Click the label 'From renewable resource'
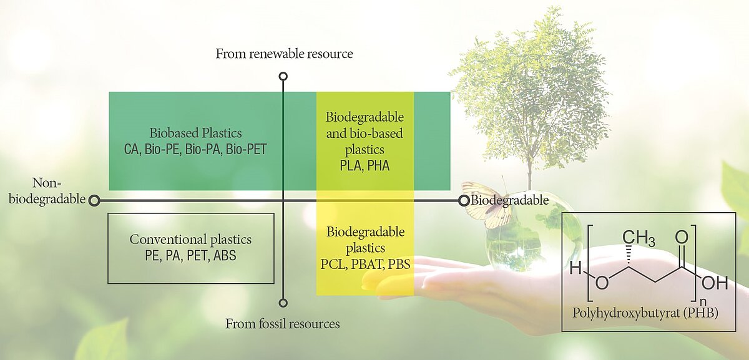click(x=284, y=54)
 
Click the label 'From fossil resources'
click(x=283, y=324)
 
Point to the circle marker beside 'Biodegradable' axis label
click(x=464, y=200)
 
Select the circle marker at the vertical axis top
click(x=283, y=76)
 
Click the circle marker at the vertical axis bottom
click(x=283, y=303)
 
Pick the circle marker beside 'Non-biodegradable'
click(x=94, y=200)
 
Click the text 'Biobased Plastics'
click(x=195, y=134)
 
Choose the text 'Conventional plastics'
click(x=190, y=240)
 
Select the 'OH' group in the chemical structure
click(x=715, y=283)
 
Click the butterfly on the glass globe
click(x=487, y=204)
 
